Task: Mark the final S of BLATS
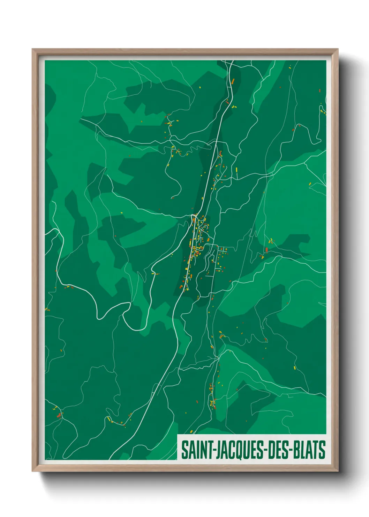(322, 450)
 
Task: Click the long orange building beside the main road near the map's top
(233, 81)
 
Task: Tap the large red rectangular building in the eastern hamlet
(266, 250)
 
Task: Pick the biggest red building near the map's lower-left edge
(59, 415)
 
